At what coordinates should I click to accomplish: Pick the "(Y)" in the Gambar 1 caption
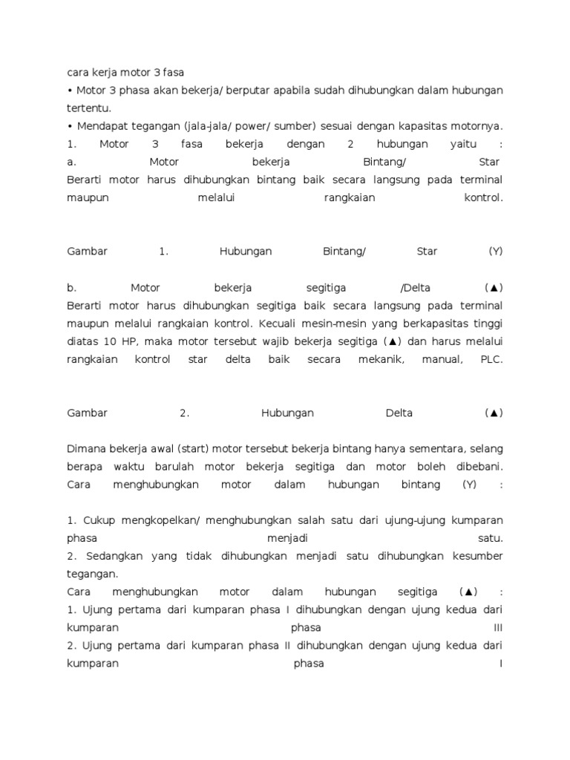pyautogui.click(x=495, y=252)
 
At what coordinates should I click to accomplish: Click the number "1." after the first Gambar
pyautogui.click(x=163, y=252)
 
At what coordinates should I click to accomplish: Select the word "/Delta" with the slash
pyautogui.click(x=415, y=288)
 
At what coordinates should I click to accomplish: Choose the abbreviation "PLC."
pyautogui.click(x=491, y=359)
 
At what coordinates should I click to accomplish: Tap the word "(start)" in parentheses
pyautogui.click(x=191, y=449)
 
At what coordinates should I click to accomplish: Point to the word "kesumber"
pyautogui.click(x=476, y=557)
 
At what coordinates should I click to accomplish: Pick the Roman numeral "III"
pyautogui.click(x=498, y=628)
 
